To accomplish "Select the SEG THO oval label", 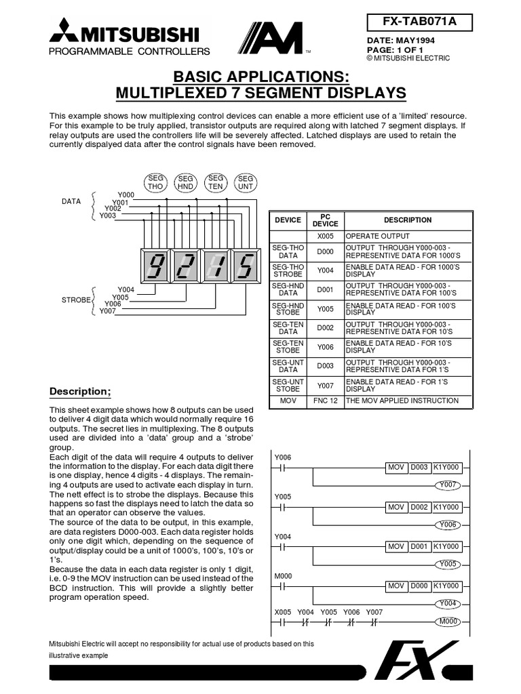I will point(155,182).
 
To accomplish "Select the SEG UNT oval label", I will point(245,182).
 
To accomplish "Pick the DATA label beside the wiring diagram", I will point(71,202).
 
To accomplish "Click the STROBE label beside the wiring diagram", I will point(75,299).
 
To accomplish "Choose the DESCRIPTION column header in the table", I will point(407,220).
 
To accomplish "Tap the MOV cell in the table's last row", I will point(288,401).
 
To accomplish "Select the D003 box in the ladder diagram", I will point(418,468).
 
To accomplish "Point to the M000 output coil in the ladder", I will point(447,621).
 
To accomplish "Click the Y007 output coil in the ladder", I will point(447,485).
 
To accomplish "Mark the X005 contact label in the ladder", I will point(282,611).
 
